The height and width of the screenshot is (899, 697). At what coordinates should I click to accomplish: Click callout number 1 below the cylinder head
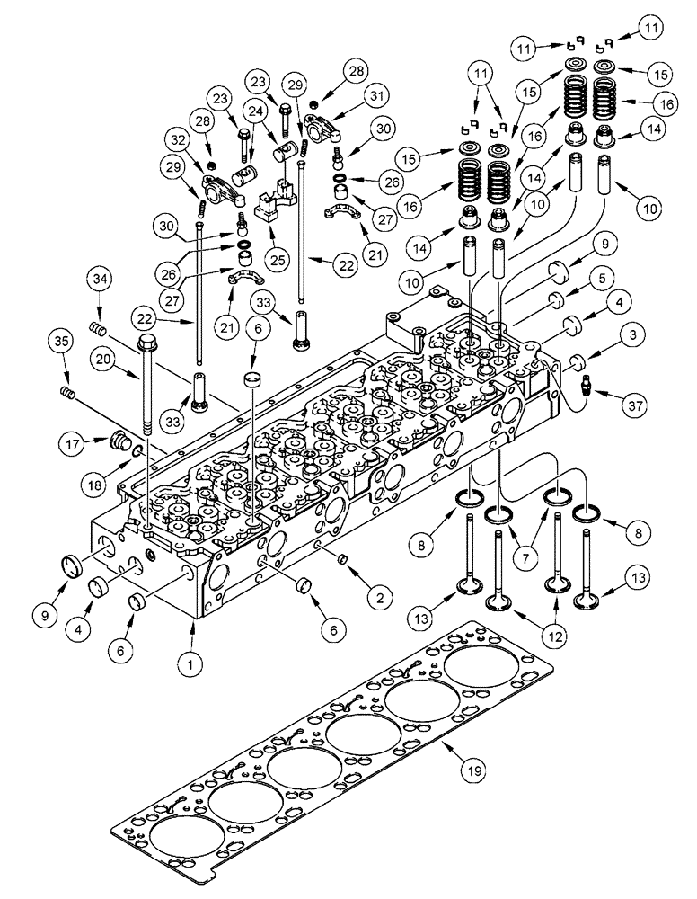[190, 666]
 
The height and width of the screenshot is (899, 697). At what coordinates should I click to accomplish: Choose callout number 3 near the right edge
[608, 335]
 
